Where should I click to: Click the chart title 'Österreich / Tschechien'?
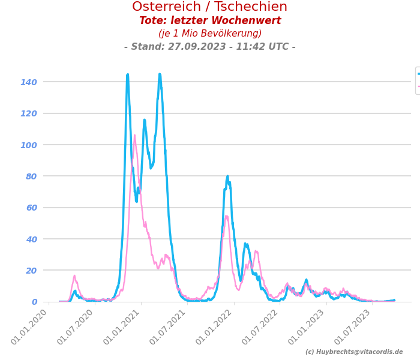coord(210,7)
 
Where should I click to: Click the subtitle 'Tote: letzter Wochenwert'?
coord(210,21)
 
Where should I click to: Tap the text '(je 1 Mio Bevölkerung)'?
coord(210,34)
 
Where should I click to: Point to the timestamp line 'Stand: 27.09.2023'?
coord(210,47)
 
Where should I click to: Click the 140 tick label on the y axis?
coord(29,82)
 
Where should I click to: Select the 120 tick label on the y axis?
coord(29,113)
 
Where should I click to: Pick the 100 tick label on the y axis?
coord(29,145)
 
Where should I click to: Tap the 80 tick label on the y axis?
coord(31,176)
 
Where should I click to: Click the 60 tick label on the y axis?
coord(31,208)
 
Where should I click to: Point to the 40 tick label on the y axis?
coord(31,239)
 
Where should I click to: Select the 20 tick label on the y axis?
coord(31,271)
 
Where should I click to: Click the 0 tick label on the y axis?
coord(34,302)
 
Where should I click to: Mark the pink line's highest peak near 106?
coord(134,135)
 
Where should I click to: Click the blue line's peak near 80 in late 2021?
coord(227,176)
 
